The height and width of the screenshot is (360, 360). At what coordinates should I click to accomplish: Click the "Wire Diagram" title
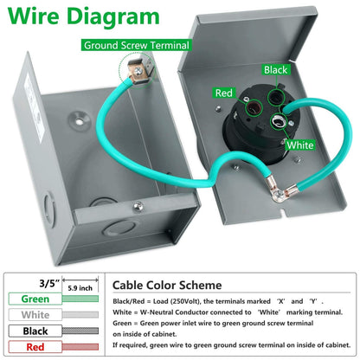point(83,16)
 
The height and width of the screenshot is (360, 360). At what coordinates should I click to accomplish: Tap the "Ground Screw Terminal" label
point(137,45)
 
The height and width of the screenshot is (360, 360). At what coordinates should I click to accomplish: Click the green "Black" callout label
point(275,69)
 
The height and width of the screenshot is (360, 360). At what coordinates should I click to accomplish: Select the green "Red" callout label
point(223,93)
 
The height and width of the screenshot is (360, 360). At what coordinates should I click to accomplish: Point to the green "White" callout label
point(300,145)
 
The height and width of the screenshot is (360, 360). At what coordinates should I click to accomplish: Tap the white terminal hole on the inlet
point(279,121)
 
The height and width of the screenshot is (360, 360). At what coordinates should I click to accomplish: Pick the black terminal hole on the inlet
point(275,98)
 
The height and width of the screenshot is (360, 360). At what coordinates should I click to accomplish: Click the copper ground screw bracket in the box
point(138,72)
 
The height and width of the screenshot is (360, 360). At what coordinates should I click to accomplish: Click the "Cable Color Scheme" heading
point(167,286)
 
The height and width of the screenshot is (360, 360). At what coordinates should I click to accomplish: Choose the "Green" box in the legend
point(35,299)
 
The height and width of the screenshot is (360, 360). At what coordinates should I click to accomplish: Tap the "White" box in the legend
point(35,315)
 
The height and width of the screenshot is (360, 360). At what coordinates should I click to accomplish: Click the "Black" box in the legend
point(35,331)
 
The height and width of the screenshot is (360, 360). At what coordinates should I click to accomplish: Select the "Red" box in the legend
point(35,347)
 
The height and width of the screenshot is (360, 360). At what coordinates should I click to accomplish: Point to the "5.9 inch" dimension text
point(80,288)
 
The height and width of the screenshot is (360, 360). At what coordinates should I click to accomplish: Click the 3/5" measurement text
point(49,283)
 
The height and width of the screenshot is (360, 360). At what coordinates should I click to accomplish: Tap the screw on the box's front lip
point(138,206)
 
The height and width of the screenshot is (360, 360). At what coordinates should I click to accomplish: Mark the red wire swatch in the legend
point(80,347)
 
